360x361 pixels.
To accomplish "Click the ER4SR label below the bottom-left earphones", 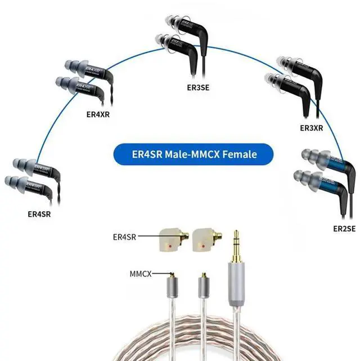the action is pos(39,214).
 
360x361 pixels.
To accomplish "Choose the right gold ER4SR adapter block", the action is pos(205,239).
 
